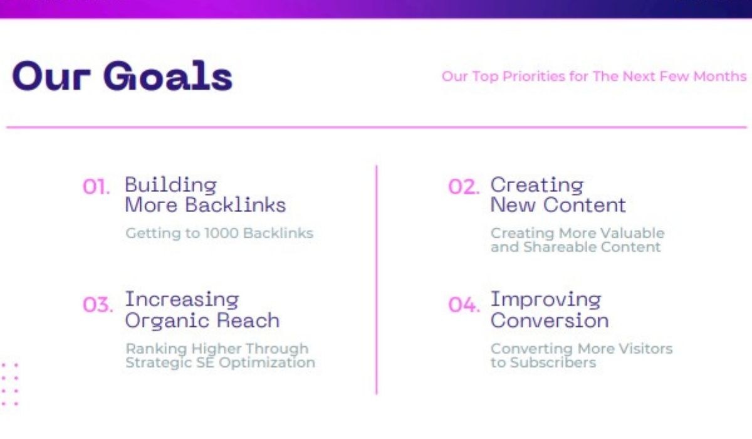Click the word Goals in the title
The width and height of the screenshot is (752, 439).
pyautogui.click(x=168, y=77)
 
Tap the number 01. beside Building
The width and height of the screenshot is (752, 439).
pyautogui.click(x=97, y=187)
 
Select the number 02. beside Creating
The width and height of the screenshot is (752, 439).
pyautogui.click(x=464, y=187)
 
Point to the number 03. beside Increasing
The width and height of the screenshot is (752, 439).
pyautogui.click(x=98, y=305)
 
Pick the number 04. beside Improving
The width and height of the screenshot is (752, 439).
pyautogui.click(x=464, y=305)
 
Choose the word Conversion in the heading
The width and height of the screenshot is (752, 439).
pyautogui.click(x=550, y=320)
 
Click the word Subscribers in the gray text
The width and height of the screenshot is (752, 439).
pyautogui.click(x=551, y=363)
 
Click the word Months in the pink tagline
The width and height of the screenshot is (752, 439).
pyautogui.click(x=720, y=77)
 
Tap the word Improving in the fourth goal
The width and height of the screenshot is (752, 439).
pyautogui.click(x=546, y=300)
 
